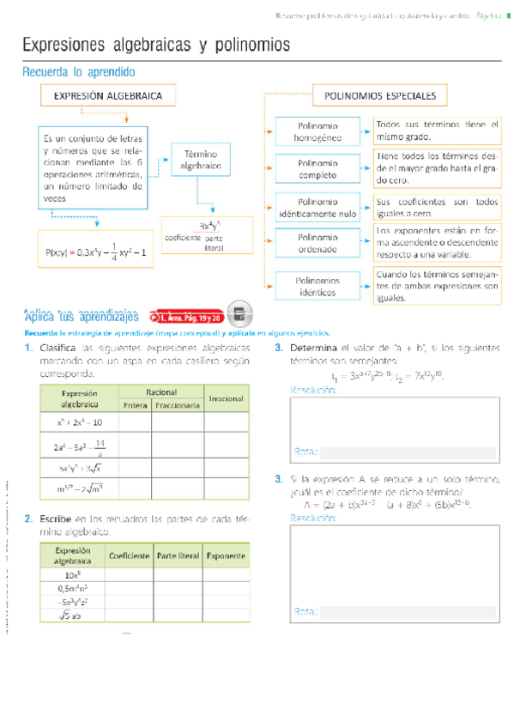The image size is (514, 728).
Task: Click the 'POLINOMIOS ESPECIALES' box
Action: pos(379,96)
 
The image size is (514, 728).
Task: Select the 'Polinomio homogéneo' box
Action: pos(317,131)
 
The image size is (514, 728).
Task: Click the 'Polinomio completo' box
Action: pos(317,168)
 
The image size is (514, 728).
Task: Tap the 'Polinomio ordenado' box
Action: pos(317,243)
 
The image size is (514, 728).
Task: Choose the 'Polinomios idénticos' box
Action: pos(317,286)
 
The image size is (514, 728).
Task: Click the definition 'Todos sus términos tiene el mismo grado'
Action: pos(437,130)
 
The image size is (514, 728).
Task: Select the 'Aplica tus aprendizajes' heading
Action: pos(82,316)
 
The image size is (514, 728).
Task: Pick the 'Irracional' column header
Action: pos(227,398)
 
